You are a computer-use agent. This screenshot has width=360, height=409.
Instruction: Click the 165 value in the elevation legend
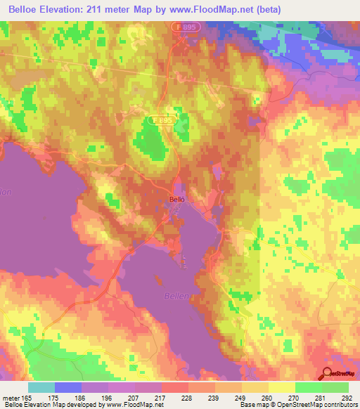click(26, 397)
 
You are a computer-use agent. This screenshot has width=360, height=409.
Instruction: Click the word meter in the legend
click(10, 397)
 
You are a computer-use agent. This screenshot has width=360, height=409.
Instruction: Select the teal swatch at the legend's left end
click(41, 387)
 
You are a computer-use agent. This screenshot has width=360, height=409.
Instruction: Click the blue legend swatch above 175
click(68, 387)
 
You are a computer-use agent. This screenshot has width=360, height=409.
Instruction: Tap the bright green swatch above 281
click(308, 387)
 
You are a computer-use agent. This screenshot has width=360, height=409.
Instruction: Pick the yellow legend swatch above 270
click(281, 387)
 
